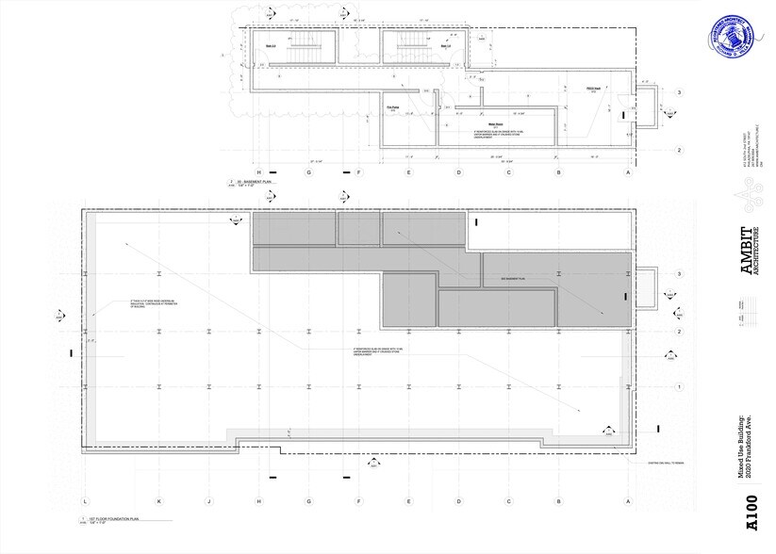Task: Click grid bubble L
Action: pos(85,500)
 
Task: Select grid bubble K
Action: pos(159,500)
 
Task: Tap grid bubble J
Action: pos(209,500)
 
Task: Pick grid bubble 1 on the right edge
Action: pos(679,387)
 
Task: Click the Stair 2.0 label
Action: pos(270,42)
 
